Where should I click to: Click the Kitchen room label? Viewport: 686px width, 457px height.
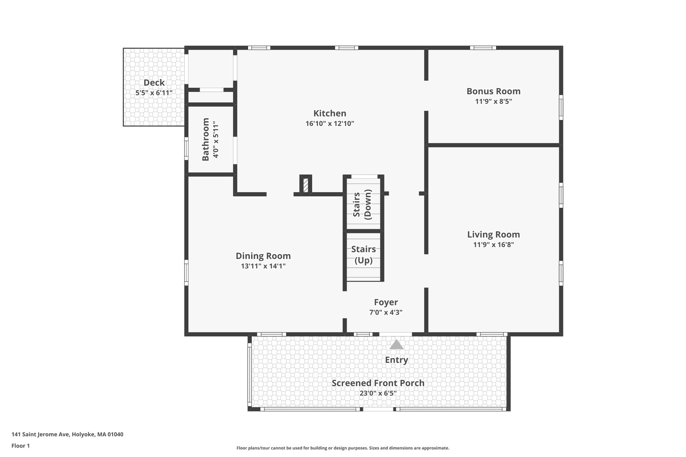330,113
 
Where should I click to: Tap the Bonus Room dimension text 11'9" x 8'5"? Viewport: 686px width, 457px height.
493,101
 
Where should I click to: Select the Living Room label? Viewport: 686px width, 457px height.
493,234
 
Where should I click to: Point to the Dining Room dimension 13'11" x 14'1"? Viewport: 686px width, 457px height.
263,266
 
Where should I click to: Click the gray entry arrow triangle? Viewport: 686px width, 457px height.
396,345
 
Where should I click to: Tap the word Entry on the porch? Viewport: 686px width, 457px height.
396,360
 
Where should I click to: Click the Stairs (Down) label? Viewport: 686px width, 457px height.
362,204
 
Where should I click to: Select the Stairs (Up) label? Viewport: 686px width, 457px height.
363,254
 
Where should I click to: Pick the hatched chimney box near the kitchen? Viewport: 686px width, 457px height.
305,185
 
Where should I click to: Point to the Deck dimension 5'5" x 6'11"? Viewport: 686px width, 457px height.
154,93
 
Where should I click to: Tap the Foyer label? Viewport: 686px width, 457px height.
386,302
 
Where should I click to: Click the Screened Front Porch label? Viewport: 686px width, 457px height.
378,383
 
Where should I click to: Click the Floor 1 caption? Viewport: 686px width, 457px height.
20,446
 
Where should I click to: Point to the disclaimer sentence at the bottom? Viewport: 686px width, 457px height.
343,448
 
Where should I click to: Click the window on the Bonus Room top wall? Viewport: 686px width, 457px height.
483,48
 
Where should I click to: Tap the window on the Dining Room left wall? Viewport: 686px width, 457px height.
187,273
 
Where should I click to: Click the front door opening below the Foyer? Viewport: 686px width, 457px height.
395,334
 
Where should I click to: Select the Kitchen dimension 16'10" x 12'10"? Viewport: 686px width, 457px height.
330,124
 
